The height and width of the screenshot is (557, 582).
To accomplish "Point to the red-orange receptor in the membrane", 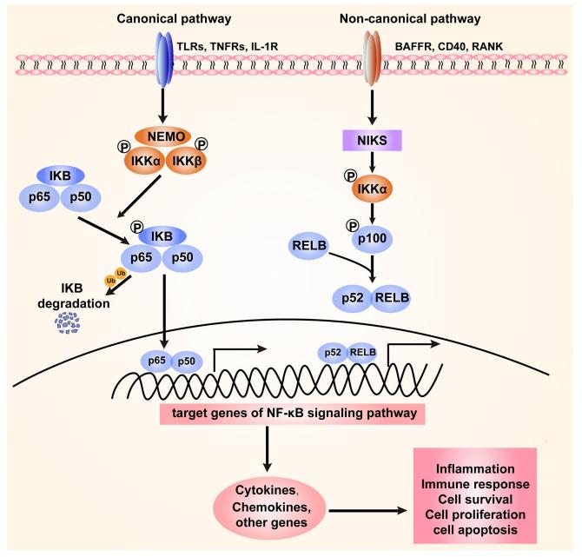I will tap(371, 59).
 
